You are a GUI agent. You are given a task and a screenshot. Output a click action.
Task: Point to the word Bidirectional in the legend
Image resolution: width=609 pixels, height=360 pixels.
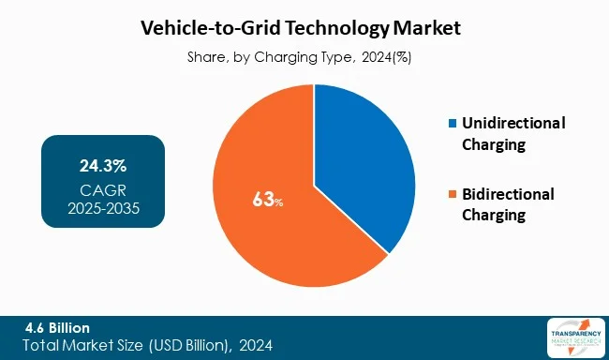[x=508, y=194]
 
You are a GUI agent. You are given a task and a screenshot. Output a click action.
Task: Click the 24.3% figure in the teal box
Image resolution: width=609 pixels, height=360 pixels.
[x=103, y=167]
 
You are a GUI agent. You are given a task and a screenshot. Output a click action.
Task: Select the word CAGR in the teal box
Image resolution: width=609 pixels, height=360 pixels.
[x=103, y=188]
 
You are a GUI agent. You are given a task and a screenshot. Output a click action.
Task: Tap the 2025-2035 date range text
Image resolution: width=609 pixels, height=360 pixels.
[x=103, y=207]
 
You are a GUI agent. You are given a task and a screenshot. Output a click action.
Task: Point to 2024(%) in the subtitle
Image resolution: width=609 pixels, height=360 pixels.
[x=387, y=57]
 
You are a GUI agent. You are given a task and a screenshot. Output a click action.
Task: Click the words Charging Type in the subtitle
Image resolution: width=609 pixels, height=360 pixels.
[x=311, y=57]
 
